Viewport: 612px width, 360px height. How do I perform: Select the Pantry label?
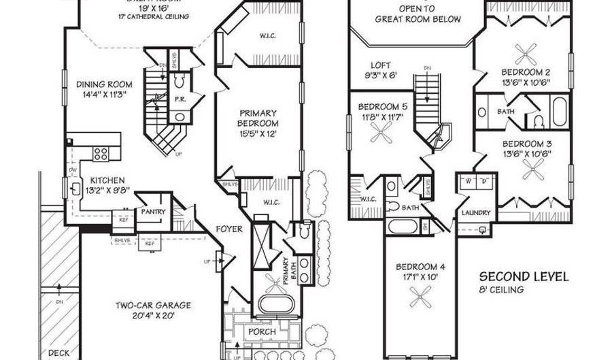154,212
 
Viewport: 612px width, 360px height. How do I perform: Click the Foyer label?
228,229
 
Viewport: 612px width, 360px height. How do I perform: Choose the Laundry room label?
476,213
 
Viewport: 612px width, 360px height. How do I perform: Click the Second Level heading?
524,277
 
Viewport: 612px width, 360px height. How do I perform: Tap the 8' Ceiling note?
500,290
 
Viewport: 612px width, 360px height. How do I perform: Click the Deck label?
59,353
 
